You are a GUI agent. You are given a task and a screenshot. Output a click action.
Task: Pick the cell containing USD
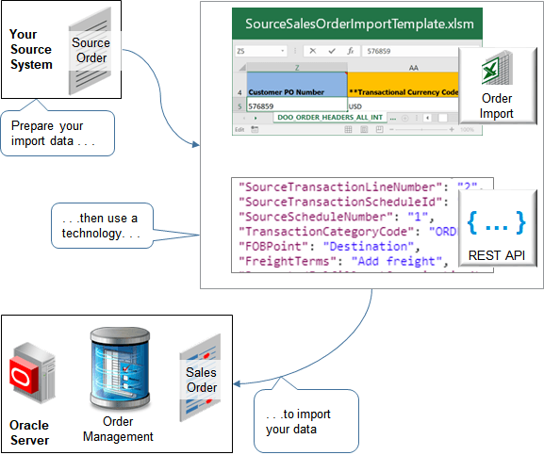[355, 106]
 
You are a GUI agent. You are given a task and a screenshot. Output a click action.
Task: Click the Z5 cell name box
[247, 52]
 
